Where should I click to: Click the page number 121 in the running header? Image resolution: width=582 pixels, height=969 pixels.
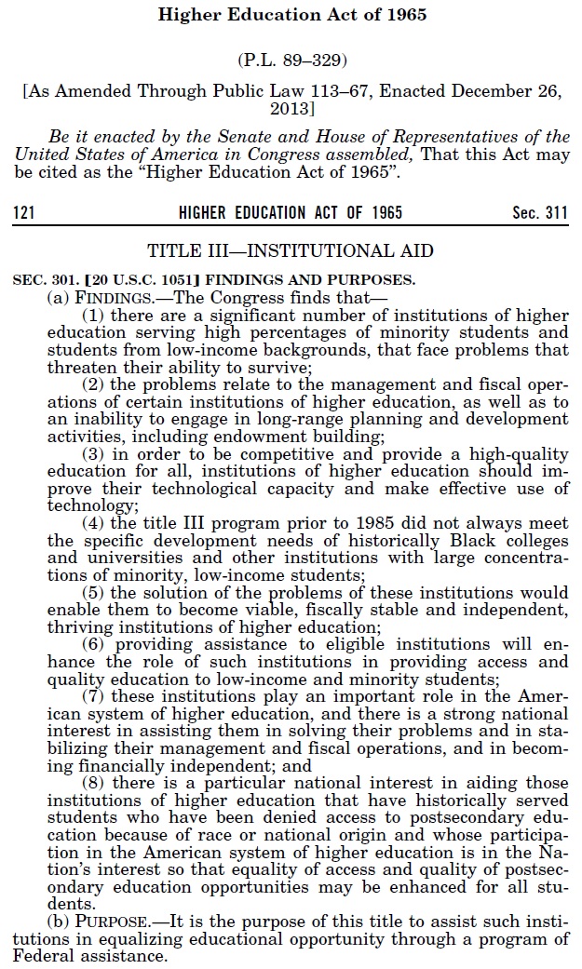point(23,213)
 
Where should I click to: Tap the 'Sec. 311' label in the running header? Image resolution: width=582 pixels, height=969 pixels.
point(540,213)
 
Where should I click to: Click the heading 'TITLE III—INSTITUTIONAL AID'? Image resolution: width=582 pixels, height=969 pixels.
point(291,250)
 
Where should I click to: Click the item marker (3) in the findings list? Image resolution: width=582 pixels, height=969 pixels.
point(93,455)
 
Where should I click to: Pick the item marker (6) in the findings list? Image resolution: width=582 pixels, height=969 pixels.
point(93,644)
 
